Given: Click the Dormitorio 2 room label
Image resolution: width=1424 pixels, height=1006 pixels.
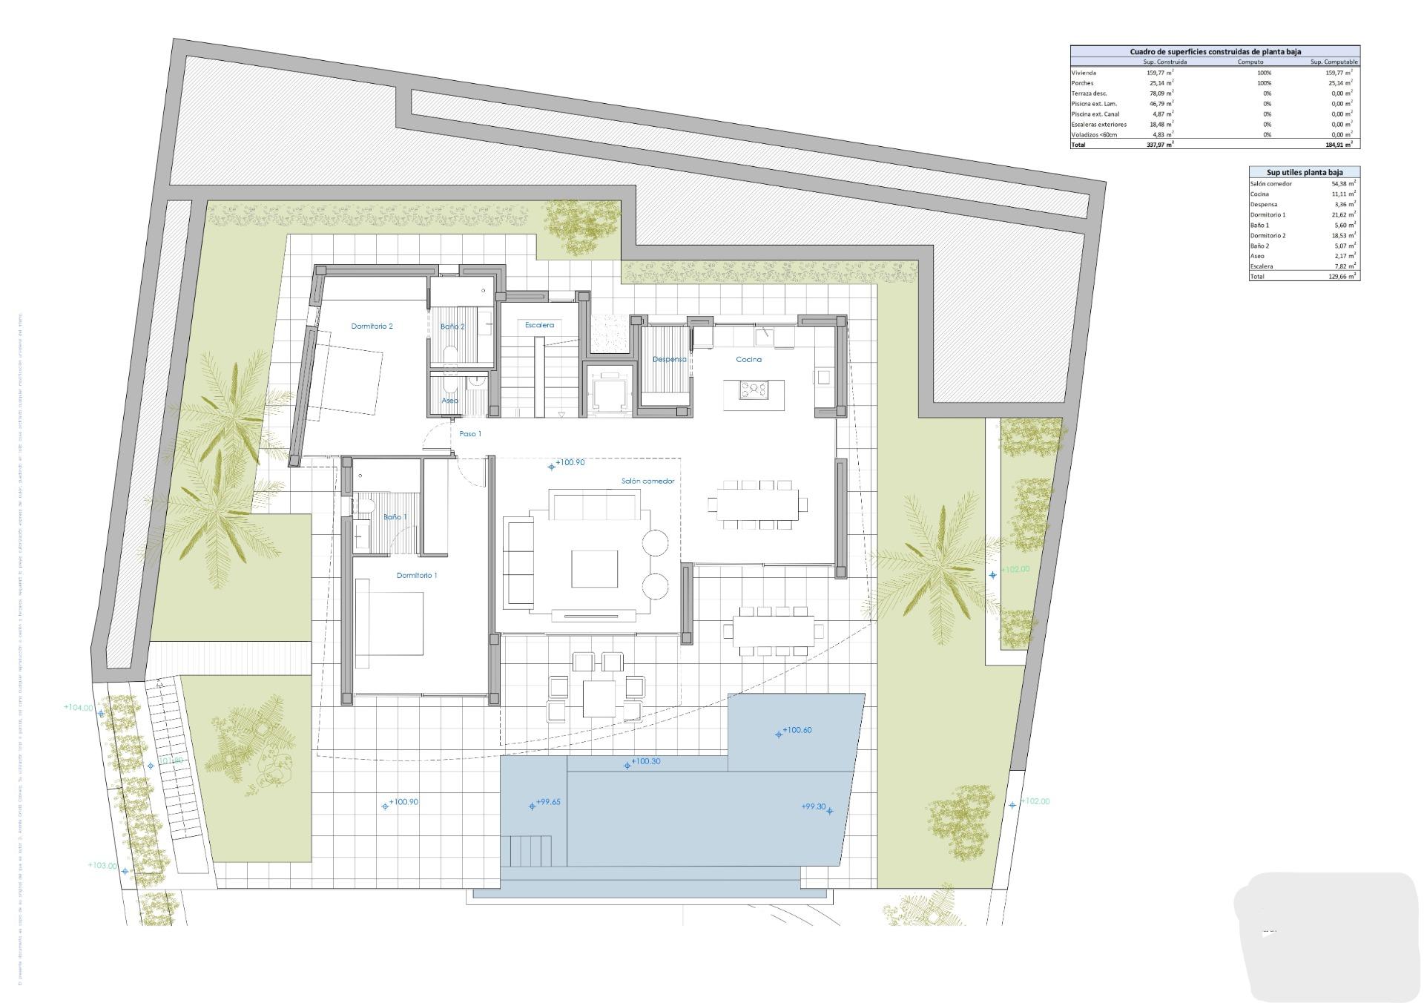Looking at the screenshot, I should [x=372, y=326].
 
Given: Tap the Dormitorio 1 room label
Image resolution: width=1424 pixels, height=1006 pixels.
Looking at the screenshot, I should [x=417, y=575].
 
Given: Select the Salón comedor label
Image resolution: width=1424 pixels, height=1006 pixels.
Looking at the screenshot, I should [x=647, y=481].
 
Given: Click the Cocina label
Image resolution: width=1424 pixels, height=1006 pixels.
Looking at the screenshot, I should [x=748, y=359].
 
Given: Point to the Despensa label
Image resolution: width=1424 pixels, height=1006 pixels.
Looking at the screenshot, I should [x=669, y=359].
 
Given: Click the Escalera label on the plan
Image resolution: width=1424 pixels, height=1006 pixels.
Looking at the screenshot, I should [x=539, y=325].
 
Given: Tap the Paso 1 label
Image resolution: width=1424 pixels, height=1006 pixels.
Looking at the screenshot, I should [x=470, y=434].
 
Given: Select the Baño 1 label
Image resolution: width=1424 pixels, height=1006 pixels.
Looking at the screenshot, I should [x=395, y=516].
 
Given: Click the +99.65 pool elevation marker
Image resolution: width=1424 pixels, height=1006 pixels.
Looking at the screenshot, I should [x=547, y=802].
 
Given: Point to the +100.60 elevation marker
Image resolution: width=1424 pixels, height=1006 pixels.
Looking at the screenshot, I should [x=797, y=730].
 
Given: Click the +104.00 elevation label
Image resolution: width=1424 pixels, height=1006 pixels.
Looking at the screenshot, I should [x=79, y=708].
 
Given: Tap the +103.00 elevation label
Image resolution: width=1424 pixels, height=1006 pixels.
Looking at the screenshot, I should [x=102, y=865].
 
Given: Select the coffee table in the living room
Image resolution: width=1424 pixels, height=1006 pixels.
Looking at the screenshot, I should [x=594, y=569].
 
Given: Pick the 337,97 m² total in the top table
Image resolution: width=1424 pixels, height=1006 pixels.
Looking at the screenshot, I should [x=1159, y=145].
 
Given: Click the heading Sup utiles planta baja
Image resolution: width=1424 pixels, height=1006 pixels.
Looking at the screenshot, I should [x=1304, y=172].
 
